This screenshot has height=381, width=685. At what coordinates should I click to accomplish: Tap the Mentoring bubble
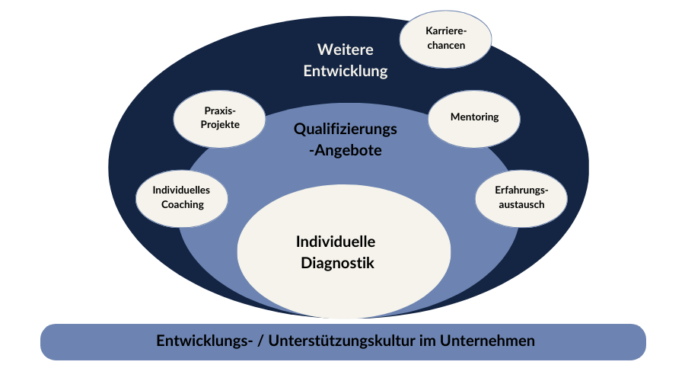474,117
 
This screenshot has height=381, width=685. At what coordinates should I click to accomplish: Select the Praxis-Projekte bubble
219,118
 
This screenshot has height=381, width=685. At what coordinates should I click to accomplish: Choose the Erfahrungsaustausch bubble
521,197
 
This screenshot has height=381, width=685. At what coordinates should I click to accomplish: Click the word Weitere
346,50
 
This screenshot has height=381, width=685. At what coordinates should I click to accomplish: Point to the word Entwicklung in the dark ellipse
346,72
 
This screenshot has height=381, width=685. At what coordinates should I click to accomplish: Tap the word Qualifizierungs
346,130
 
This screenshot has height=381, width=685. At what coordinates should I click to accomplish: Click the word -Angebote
346,151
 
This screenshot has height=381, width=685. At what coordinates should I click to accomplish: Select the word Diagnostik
336,264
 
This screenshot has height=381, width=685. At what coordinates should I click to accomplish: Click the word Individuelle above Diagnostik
336,242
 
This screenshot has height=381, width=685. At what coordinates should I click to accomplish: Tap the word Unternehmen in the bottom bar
494,341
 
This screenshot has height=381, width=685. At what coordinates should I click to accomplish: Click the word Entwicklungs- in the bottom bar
201,341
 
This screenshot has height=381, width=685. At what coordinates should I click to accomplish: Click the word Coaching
183,204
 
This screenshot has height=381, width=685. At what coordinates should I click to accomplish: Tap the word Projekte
219,125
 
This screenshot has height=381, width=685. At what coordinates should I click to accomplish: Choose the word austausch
521,204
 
